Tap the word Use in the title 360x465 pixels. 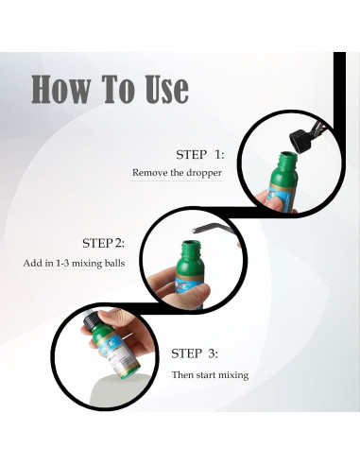point(166,89)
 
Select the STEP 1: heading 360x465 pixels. point(200,155)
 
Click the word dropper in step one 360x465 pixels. point(204,173)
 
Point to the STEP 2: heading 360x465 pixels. point(103,243)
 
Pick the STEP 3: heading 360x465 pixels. point(195,353)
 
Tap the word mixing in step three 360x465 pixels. point(233,375)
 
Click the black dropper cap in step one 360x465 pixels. point(300,142)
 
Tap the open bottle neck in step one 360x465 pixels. point(288,159)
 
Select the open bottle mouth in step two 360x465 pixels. point(190,244)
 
